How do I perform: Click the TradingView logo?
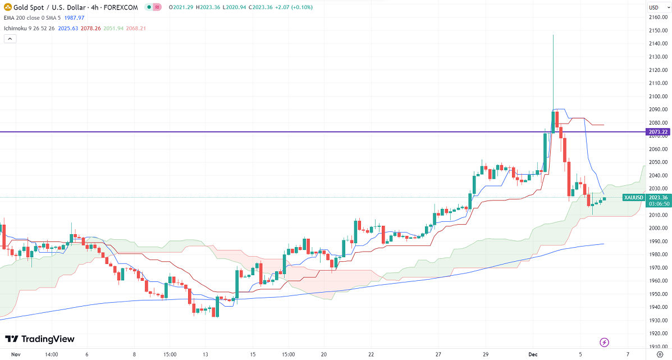39,339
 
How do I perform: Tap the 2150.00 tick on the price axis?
657,30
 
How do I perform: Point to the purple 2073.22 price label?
657,132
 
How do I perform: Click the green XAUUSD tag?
634,197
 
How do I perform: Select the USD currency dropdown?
655,7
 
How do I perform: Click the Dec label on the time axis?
533,354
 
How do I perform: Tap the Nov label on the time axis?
16,354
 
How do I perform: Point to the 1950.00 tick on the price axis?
657,294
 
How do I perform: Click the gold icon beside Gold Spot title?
8,7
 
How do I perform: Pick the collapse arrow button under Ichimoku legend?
10,39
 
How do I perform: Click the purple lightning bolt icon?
605,342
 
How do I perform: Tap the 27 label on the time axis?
438,354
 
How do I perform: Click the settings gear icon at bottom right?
660,354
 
